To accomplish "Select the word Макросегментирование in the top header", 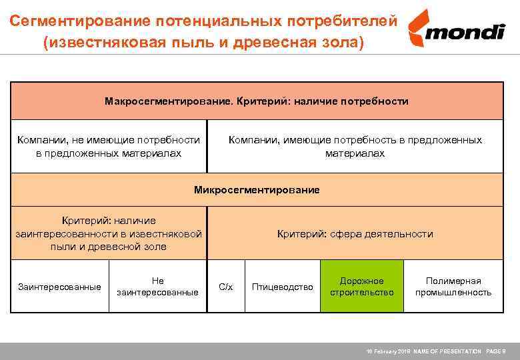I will (x=167, y=101).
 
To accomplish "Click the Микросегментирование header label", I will (x=257, y=190).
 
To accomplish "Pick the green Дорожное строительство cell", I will (x=362, y=287).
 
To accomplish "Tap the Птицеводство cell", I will (x=282, y=287).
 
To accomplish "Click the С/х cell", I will (x=226, y=287).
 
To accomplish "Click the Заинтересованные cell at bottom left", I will (x=59, y=287).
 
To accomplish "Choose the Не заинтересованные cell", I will (x=157, y=287).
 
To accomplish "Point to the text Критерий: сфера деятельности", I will (x=355, y=234).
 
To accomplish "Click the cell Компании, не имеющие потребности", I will (x=109, y=147).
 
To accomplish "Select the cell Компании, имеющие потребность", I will (x=355, y=147).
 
